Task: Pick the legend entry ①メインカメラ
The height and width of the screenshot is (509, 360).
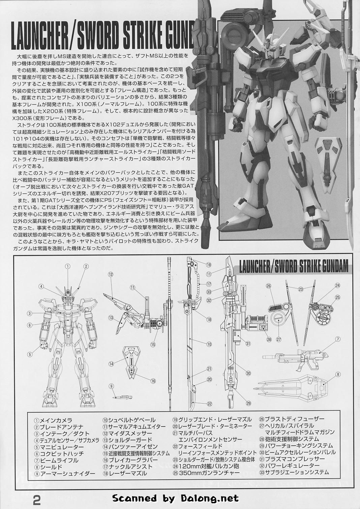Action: pos(53,420)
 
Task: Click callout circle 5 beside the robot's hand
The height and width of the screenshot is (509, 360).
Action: pos(30,354)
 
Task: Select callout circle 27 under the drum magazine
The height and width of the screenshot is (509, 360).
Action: pos(279,346)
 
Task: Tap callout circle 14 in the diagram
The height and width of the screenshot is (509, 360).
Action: pos(111,364)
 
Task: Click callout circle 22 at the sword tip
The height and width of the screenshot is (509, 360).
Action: pos(209,404)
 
